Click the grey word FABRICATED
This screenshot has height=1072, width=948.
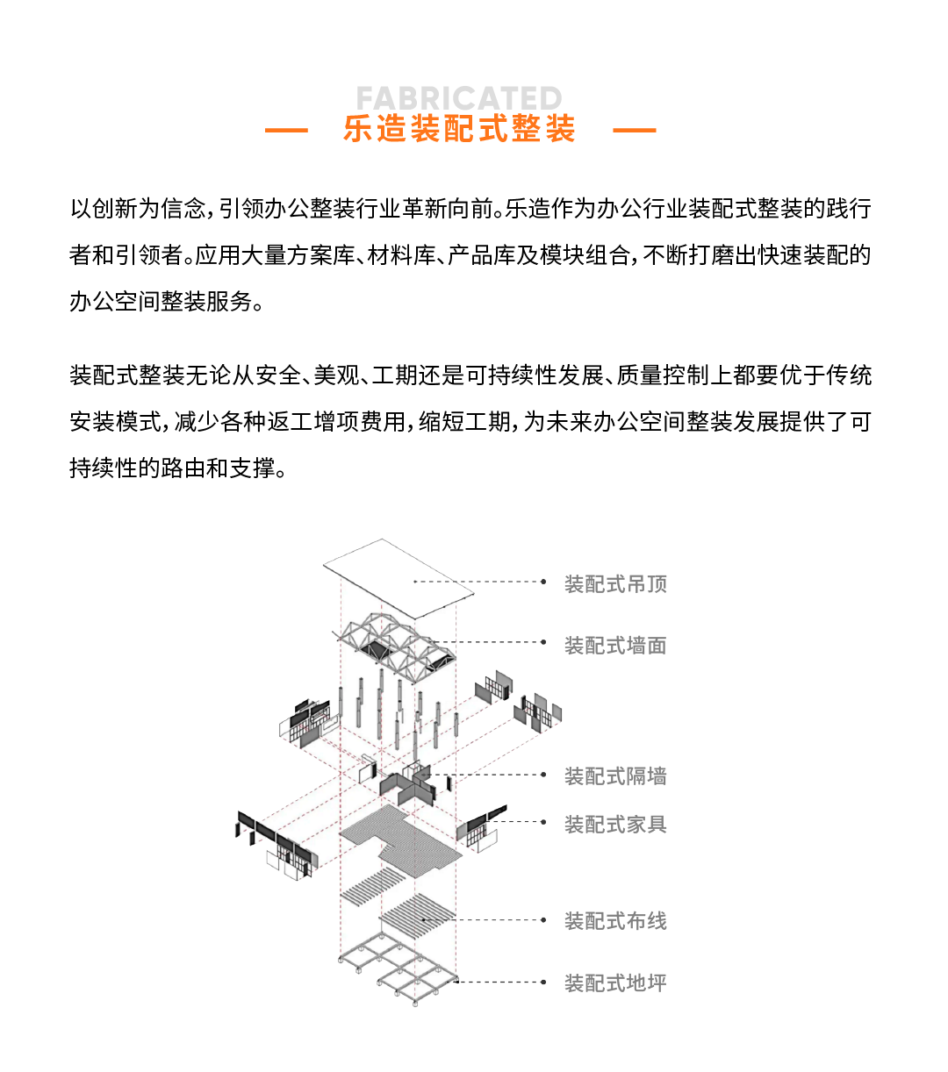coord(459,98)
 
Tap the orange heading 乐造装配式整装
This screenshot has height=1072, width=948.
coord(459,129)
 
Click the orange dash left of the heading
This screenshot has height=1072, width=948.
coord(286,130)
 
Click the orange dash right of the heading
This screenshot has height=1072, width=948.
coord(635,130)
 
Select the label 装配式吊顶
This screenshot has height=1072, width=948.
coord(615,584)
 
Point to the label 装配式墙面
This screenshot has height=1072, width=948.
coord(615,646)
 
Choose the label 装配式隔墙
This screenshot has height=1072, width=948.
coord(615,776)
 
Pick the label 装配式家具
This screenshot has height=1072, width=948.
coord(615,824)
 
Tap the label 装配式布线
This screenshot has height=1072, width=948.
coord(615,920)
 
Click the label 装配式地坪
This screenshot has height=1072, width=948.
coord(615,983)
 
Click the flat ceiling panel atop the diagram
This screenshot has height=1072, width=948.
coord(399,579)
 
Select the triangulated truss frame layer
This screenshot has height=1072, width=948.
coord(394,647)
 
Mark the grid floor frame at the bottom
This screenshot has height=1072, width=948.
coord(399,968)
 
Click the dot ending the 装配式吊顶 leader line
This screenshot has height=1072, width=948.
coord(543,582)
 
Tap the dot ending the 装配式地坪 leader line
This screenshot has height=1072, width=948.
coord(543,982)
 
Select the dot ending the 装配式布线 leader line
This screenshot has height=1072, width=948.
coord(543,919)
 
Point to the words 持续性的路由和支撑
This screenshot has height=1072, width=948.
coord(173,468)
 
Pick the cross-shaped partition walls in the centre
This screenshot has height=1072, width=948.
coord(407,784)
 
